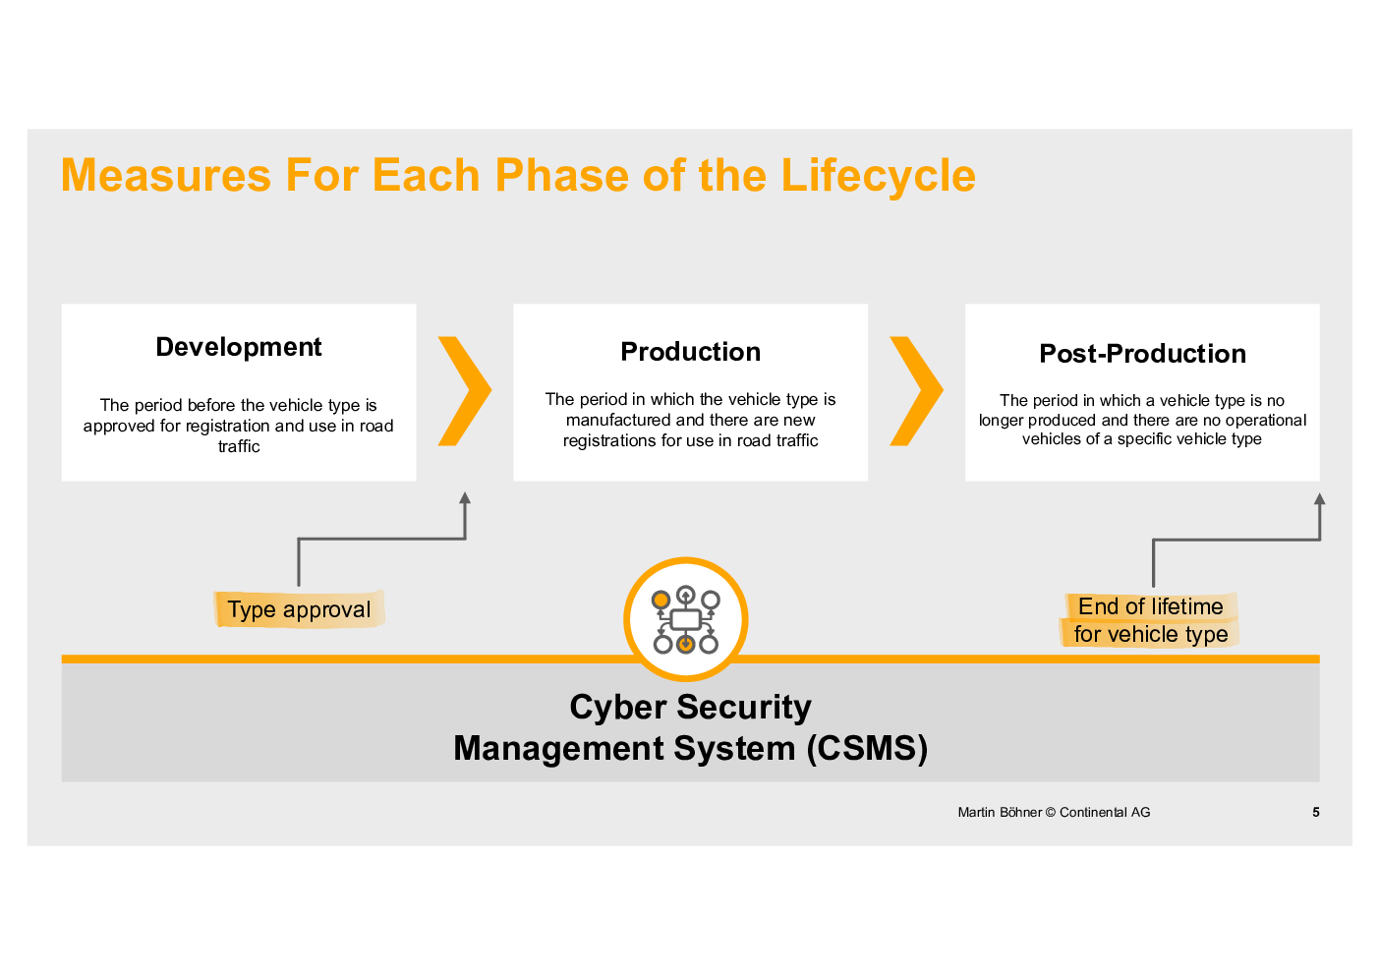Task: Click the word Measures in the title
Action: (x=165, y=175)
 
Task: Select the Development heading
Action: (x=239, y=347)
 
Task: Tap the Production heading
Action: (x=691, y=352)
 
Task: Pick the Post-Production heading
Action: (x=1142, y=354)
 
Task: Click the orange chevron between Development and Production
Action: (x=465, y=391)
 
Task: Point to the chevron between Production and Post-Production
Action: (x=917, y=391)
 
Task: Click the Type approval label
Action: (x=299, y=609)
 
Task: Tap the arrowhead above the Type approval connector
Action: (x=466, y=498)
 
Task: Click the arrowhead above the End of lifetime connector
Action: (x=1320, y=499)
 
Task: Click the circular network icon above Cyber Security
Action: (x=686, y=619)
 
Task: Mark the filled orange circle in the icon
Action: (x=661, y=600)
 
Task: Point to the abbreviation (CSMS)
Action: (x=868, y=749)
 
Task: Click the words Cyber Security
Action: (x=691, y=707)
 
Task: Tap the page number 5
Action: (x=1316, y=813)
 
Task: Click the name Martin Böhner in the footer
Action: (x=1000, y=813)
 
